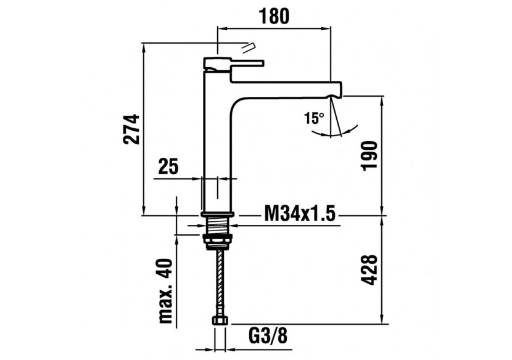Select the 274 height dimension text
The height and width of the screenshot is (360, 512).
coord(131,128)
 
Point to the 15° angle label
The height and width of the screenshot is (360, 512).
coord(314,118)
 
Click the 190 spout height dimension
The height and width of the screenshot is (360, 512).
coord(368,157)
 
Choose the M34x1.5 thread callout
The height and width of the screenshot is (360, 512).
coord(299,214)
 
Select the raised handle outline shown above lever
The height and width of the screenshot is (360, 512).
coord(249,46)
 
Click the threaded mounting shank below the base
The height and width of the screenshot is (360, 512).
coord(218,225)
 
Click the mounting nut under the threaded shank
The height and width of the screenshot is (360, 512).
coord(218,239)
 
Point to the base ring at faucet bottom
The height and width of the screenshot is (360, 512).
coord(218,214)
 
